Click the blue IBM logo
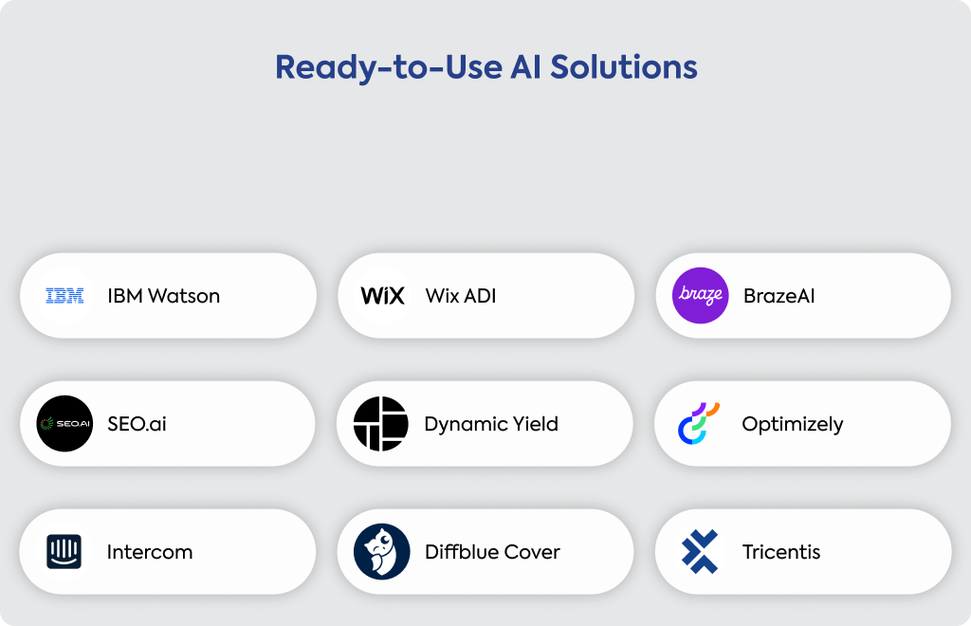pyautogui.click(x=64, y=296)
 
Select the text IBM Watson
pyautogui.click(x=163, y=296)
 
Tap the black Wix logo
pyautogui.click(x=383, y=296)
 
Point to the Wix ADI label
pyautogui.click(x=461, y=296)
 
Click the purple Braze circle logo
pyautogui.click(x=701, y=295)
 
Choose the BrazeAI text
pyautogui.click(x=779, y=296)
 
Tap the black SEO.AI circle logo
pyautogui.click(x=65, y=424)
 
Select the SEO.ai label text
pyautogui.click(x=137, y=424)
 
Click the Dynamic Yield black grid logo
pyautogui.click(x=381, y=424)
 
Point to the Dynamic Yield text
pyautogui.click(x=491, y=424)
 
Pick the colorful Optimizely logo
pyautogui.click(x=699, y=424)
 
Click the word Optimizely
pyautogui.click(x=793, y=424)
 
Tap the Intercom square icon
pyautogui.click(x=64, y=551)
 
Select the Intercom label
pyautogui.click(x=150, y=552)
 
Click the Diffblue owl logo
pyautogui.click(x=382, y=552)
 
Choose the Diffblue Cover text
pyautogui.click(x=492, y=552)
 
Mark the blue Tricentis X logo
pyautogui.click(x=700, y=551)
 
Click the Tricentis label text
pyautogui.click(x=781, y=552)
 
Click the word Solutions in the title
pyautogui.click(x=624, y=67)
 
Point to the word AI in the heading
pyautogui.click(x=525, y=67)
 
